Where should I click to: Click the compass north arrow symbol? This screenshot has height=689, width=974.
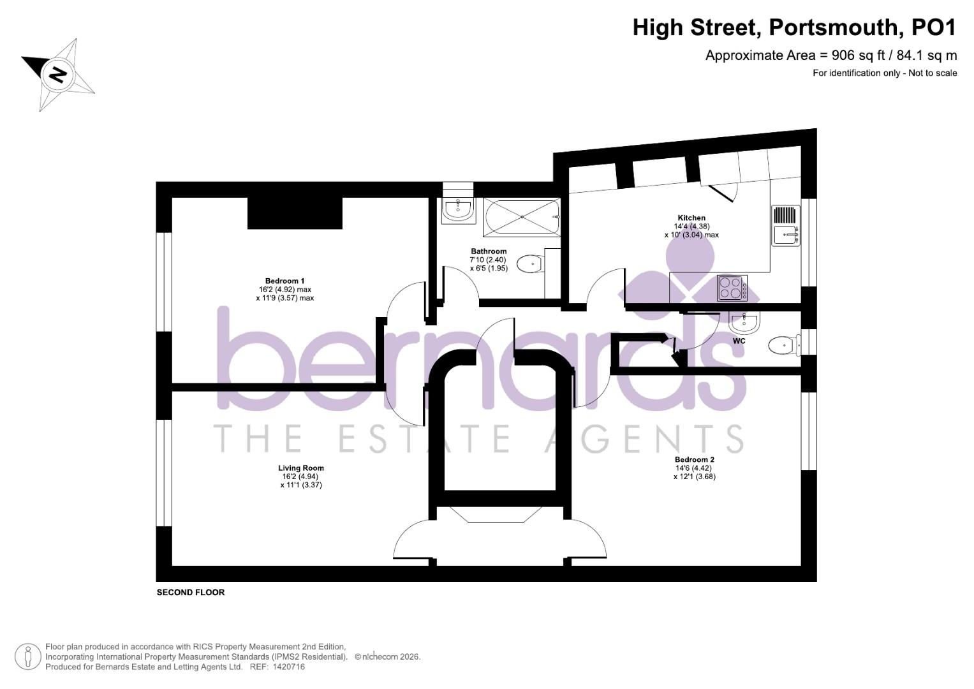58,75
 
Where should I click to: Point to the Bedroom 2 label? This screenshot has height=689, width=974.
694,460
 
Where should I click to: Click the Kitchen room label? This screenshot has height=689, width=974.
691,218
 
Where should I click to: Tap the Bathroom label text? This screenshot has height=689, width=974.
489,251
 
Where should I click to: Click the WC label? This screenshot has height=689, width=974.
739,341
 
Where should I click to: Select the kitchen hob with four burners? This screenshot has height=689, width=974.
732,288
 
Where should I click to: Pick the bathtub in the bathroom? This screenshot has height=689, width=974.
522,217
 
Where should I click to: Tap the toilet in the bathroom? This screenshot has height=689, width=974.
529,264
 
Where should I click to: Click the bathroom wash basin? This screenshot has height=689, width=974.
458,207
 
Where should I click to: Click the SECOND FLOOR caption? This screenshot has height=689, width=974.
191,593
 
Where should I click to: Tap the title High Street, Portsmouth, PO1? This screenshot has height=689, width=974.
794,28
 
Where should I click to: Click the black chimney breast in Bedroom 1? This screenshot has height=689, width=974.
295,213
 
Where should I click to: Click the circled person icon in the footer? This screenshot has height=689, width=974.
27,656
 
